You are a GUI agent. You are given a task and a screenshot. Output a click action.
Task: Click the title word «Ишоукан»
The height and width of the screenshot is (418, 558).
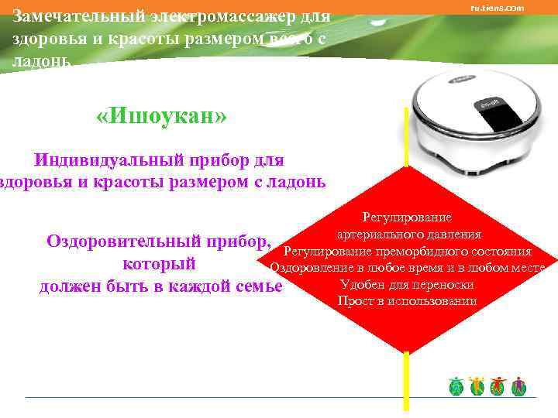point(162,118)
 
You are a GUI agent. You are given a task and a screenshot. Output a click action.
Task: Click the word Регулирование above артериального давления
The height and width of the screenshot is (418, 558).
point(407,218)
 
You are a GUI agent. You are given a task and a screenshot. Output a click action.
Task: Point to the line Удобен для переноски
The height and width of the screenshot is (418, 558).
point(407,285)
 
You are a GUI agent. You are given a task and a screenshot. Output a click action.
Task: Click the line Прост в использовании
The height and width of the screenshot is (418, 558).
point(407,301)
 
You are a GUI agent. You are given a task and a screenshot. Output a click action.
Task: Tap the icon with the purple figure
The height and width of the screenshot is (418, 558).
point(519,385)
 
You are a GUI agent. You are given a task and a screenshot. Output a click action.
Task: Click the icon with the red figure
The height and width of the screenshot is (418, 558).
point(498,385)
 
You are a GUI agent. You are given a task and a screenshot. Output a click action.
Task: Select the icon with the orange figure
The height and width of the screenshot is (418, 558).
point(477,385)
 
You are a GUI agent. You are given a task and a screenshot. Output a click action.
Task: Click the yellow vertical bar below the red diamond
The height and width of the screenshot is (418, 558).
point(406,379)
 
